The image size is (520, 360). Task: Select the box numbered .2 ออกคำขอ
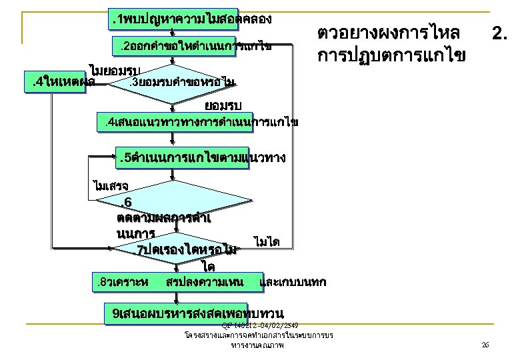pyautogui.click(x=193, y=47)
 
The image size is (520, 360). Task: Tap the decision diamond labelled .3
pyautogui.click(x=175, y=83)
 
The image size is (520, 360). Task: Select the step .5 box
pyautogui.click(x=201, y=159)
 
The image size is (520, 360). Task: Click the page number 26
pyautogui.click(x=485, y=345)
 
